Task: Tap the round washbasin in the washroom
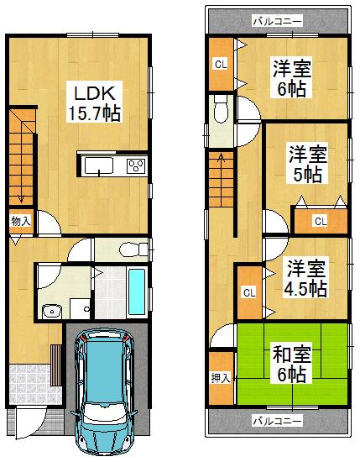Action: pos(51,310)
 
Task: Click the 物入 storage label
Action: pos(21,220)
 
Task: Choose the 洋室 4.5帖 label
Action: pos(304,278)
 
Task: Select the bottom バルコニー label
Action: pos(276,420)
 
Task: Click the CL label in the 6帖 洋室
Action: pos(220,65)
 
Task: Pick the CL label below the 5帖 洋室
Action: pos(320,221)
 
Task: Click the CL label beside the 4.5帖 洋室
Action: pos(248,291)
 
